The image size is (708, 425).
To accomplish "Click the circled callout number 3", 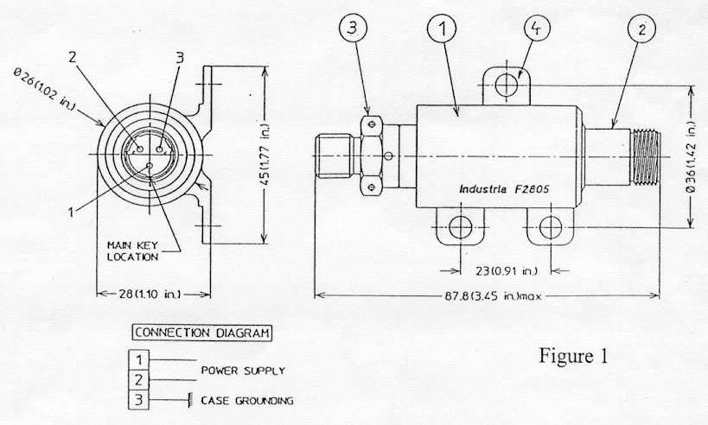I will click(x=353, y=29).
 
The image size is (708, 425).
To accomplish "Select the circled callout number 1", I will click(x=442, y=29).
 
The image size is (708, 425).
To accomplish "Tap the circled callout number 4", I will click(x=537, y=29).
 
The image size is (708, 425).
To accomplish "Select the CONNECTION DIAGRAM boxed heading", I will click(x=200, y=333).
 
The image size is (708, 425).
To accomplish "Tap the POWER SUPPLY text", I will click(x=242, y=371).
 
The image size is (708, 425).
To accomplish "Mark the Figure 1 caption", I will click(x=577, y=355).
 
